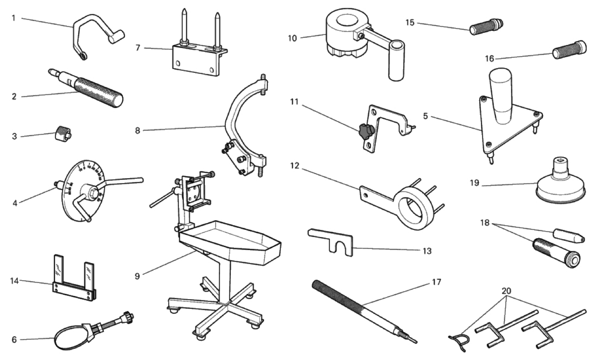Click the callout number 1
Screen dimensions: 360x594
14,18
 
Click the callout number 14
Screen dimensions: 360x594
14,281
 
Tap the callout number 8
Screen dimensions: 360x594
137,130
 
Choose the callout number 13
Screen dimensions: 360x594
427,251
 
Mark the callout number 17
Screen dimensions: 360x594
436,282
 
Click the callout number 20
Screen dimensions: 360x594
506,291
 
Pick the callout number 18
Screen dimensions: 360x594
485,223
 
